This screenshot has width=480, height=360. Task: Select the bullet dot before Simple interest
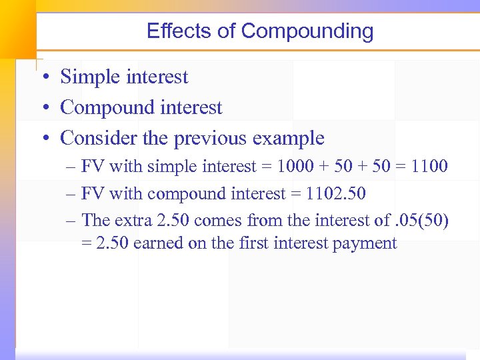tap(43, 77)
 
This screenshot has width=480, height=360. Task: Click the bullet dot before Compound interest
tap(43, 108)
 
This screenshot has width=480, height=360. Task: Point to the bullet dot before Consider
tap(43, 139)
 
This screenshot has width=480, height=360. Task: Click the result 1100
tap(429, 166)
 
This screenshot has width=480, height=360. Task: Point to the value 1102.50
tap(337, 194)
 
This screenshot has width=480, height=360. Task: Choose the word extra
tap(133, 220)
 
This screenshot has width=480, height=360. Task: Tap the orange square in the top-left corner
tap(17, 27)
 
